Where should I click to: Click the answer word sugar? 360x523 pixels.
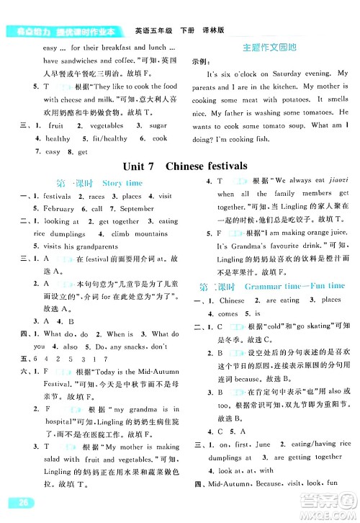[159, 125]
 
